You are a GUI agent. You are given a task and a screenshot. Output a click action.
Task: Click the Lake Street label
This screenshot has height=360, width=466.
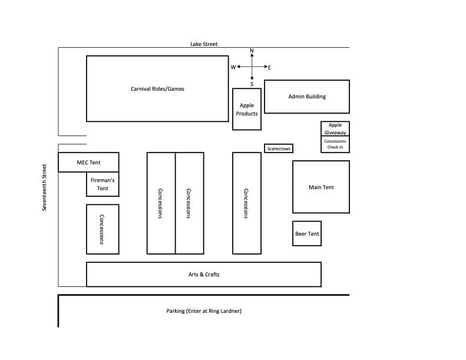204,44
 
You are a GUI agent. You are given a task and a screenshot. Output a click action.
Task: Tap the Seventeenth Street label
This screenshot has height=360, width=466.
44,187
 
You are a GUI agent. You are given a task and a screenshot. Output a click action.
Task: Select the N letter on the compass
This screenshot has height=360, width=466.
252,51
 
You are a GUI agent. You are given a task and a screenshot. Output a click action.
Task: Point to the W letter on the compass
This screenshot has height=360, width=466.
233,67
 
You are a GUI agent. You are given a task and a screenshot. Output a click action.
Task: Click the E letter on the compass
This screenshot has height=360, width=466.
269,68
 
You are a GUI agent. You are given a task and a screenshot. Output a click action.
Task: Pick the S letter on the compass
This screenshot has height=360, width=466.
252,84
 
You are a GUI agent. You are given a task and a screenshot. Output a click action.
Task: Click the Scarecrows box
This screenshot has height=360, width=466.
279,148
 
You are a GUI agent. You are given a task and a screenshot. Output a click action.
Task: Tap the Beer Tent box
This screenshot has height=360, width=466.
307,234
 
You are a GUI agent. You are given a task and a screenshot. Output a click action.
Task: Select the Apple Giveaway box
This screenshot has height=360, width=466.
335,128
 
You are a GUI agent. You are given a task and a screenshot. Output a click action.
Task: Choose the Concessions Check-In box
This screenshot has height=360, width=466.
335,144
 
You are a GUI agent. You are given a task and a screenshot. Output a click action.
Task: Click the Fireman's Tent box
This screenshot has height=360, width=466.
103,184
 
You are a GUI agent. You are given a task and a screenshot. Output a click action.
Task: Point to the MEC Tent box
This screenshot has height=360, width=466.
88,162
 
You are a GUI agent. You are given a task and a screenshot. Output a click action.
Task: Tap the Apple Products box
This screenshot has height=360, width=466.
247,109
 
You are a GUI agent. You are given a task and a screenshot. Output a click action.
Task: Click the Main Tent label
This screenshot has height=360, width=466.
321,187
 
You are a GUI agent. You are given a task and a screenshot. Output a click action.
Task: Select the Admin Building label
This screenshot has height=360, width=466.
307,96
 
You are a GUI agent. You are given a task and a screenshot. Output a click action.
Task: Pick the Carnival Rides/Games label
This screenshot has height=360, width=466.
157,88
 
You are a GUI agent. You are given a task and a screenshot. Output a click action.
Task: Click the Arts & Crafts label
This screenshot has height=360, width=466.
204,275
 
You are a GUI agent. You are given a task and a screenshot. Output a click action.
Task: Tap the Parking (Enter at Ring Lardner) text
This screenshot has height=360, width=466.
204,311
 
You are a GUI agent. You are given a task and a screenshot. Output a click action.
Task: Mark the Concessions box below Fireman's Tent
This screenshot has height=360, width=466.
103,229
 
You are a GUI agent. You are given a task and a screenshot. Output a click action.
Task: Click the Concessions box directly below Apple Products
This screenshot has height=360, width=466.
247,203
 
